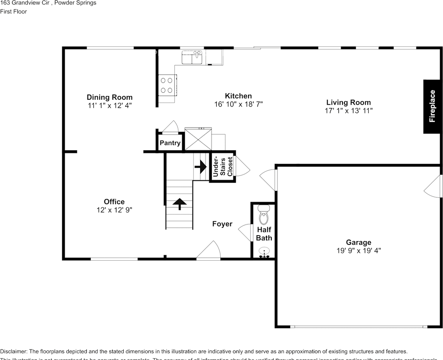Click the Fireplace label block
[432, 106]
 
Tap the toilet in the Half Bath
[263, 216]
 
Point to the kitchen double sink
[192, 58]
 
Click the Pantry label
[170, 143]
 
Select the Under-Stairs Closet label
[223, 167]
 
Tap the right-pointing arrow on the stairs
[201, 166]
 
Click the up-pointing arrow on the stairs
[180, 204]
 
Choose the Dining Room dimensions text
[109, 106]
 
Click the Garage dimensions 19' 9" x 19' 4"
[358, 251]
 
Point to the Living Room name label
[348, 102]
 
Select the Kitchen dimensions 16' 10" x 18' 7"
[238, 104]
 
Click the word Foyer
[222, 224]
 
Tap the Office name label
[114, 202]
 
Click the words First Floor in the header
[13, 11]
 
